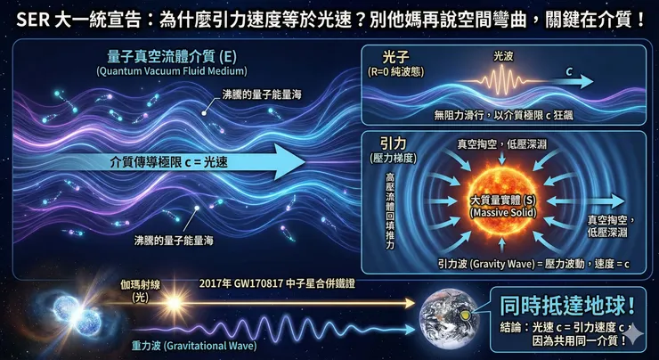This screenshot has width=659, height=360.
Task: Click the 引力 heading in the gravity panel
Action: [x=395, y=143]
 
